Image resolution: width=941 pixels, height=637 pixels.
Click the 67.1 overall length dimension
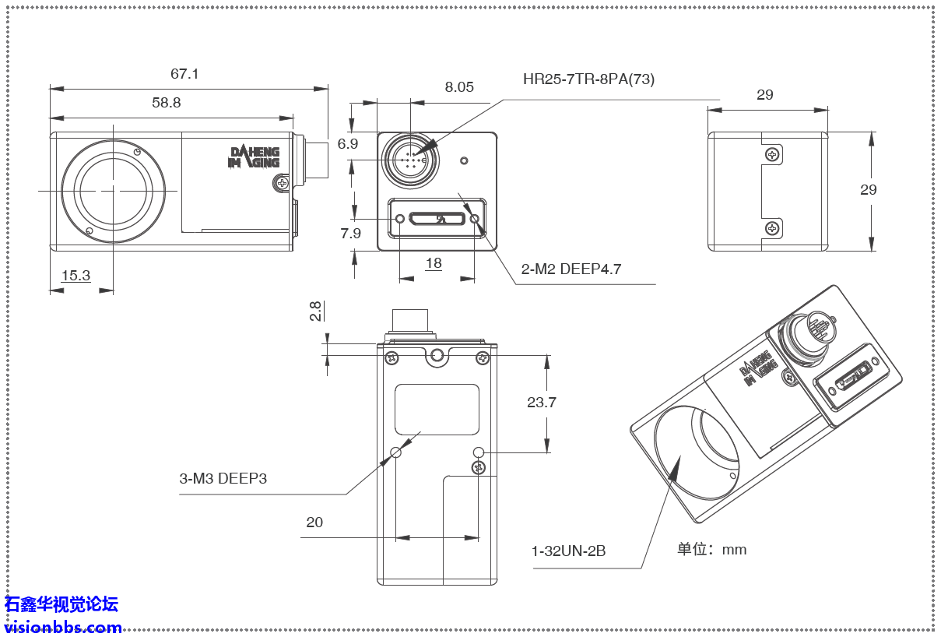[x=185, y=74]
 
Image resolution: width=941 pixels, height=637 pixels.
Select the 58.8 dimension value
[x=167, y=102]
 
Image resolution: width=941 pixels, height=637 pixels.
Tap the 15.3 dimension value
[x=75, y=276]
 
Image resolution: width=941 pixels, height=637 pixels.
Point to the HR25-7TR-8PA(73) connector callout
[x=588, y=79]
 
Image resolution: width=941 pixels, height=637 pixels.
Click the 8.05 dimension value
[x=459, y=87]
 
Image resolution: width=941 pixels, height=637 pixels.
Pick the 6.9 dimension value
[x=348, y=144]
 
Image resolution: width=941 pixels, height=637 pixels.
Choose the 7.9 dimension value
[x=351, y=234]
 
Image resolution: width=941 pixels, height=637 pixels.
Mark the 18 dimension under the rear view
[x=434, y=263]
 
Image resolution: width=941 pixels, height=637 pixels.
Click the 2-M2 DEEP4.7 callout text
[x=571, y=269]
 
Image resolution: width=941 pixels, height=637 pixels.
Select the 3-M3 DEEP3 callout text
[x=223, y=478]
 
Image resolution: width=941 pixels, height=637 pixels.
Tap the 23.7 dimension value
[x=542, y=403]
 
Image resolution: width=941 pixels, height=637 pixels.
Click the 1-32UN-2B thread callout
[x=568, y=551]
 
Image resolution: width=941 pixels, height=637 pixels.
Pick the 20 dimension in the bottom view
[x=314, y=522]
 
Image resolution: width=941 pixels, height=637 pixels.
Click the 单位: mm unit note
[x=711, y=549]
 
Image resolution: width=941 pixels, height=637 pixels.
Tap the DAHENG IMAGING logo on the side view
[x=254, y=157]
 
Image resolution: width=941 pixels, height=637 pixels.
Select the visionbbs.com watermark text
[x=62, y=627]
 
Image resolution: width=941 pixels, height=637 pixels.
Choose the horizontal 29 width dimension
[x=765, y=95]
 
